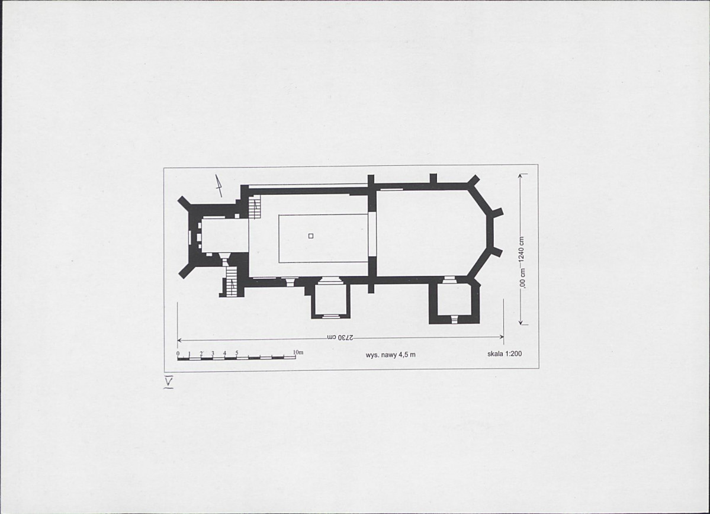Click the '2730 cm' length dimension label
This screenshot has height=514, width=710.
(x=340, y=338)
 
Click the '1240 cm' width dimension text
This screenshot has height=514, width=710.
(x=522, y=249)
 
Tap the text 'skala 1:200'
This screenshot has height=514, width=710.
(x=505, y=354)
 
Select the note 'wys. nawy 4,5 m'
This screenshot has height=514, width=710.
(x=390, y=355)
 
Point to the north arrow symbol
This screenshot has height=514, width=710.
(x=219, y=185)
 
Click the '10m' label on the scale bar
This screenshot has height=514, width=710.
(x=298, y=352)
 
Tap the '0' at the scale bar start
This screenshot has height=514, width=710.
(x=178, y=354)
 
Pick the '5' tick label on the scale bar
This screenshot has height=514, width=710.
(x=236, y=353)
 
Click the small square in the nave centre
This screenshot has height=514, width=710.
(x=311, y=236)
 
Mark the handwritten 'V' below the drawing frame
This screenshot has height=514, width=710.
(x=168, y=383)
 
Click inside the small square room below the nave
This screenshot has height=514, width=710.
(x=330, y=300)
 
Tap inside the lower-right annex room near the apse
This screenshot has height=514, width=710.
(x=454, y=299)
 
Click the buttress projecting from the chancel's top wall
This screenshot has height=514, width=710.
(x=433, y=178)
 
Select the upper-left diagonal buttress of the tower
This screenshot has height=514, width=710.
(x=185, y=203)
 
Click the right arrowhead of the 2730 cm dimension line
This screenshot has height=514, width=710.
(x=501, y=336)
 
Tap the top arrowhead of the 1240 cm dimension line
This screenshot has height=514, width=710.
(x=521, y=176)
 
